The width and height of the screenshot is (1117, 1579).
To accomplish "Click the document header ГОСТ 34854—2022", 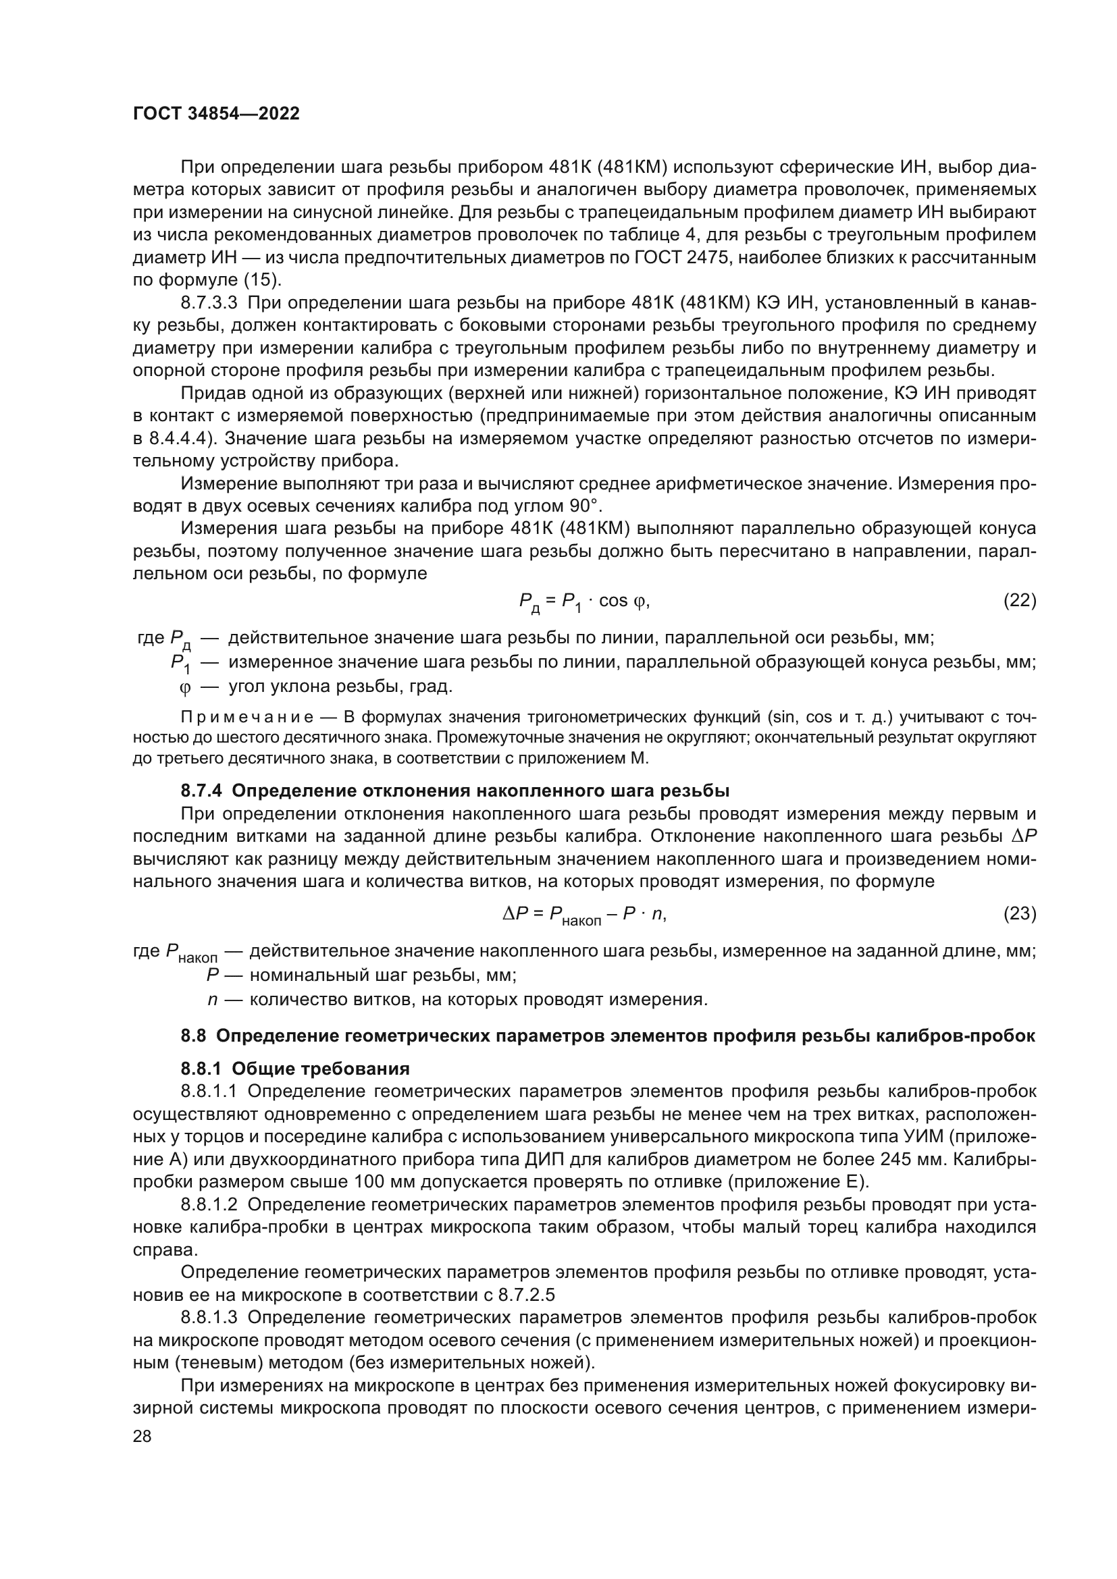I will tap(216, 114).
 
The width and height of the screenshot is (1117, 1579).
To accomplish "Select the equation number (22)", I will tap(1019, 600).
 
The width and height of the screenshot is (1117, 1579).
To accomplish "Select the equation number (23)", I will tap(1019, 913).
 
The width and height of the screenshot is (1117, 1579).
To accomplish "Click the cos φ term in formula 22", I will tap(623, 600).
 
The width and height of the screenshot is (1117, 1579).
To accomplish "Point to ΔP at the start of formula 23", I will tap(515, 913).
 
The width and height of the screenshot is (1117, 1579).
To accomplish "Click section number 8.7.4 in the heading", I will tap(201, 791).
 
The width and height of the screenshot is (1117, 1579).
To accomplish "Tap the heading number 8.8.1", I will tap(201, 1069).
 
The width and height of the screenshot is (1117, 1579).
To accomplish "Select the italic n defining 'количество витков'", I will tap(213, 999).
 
